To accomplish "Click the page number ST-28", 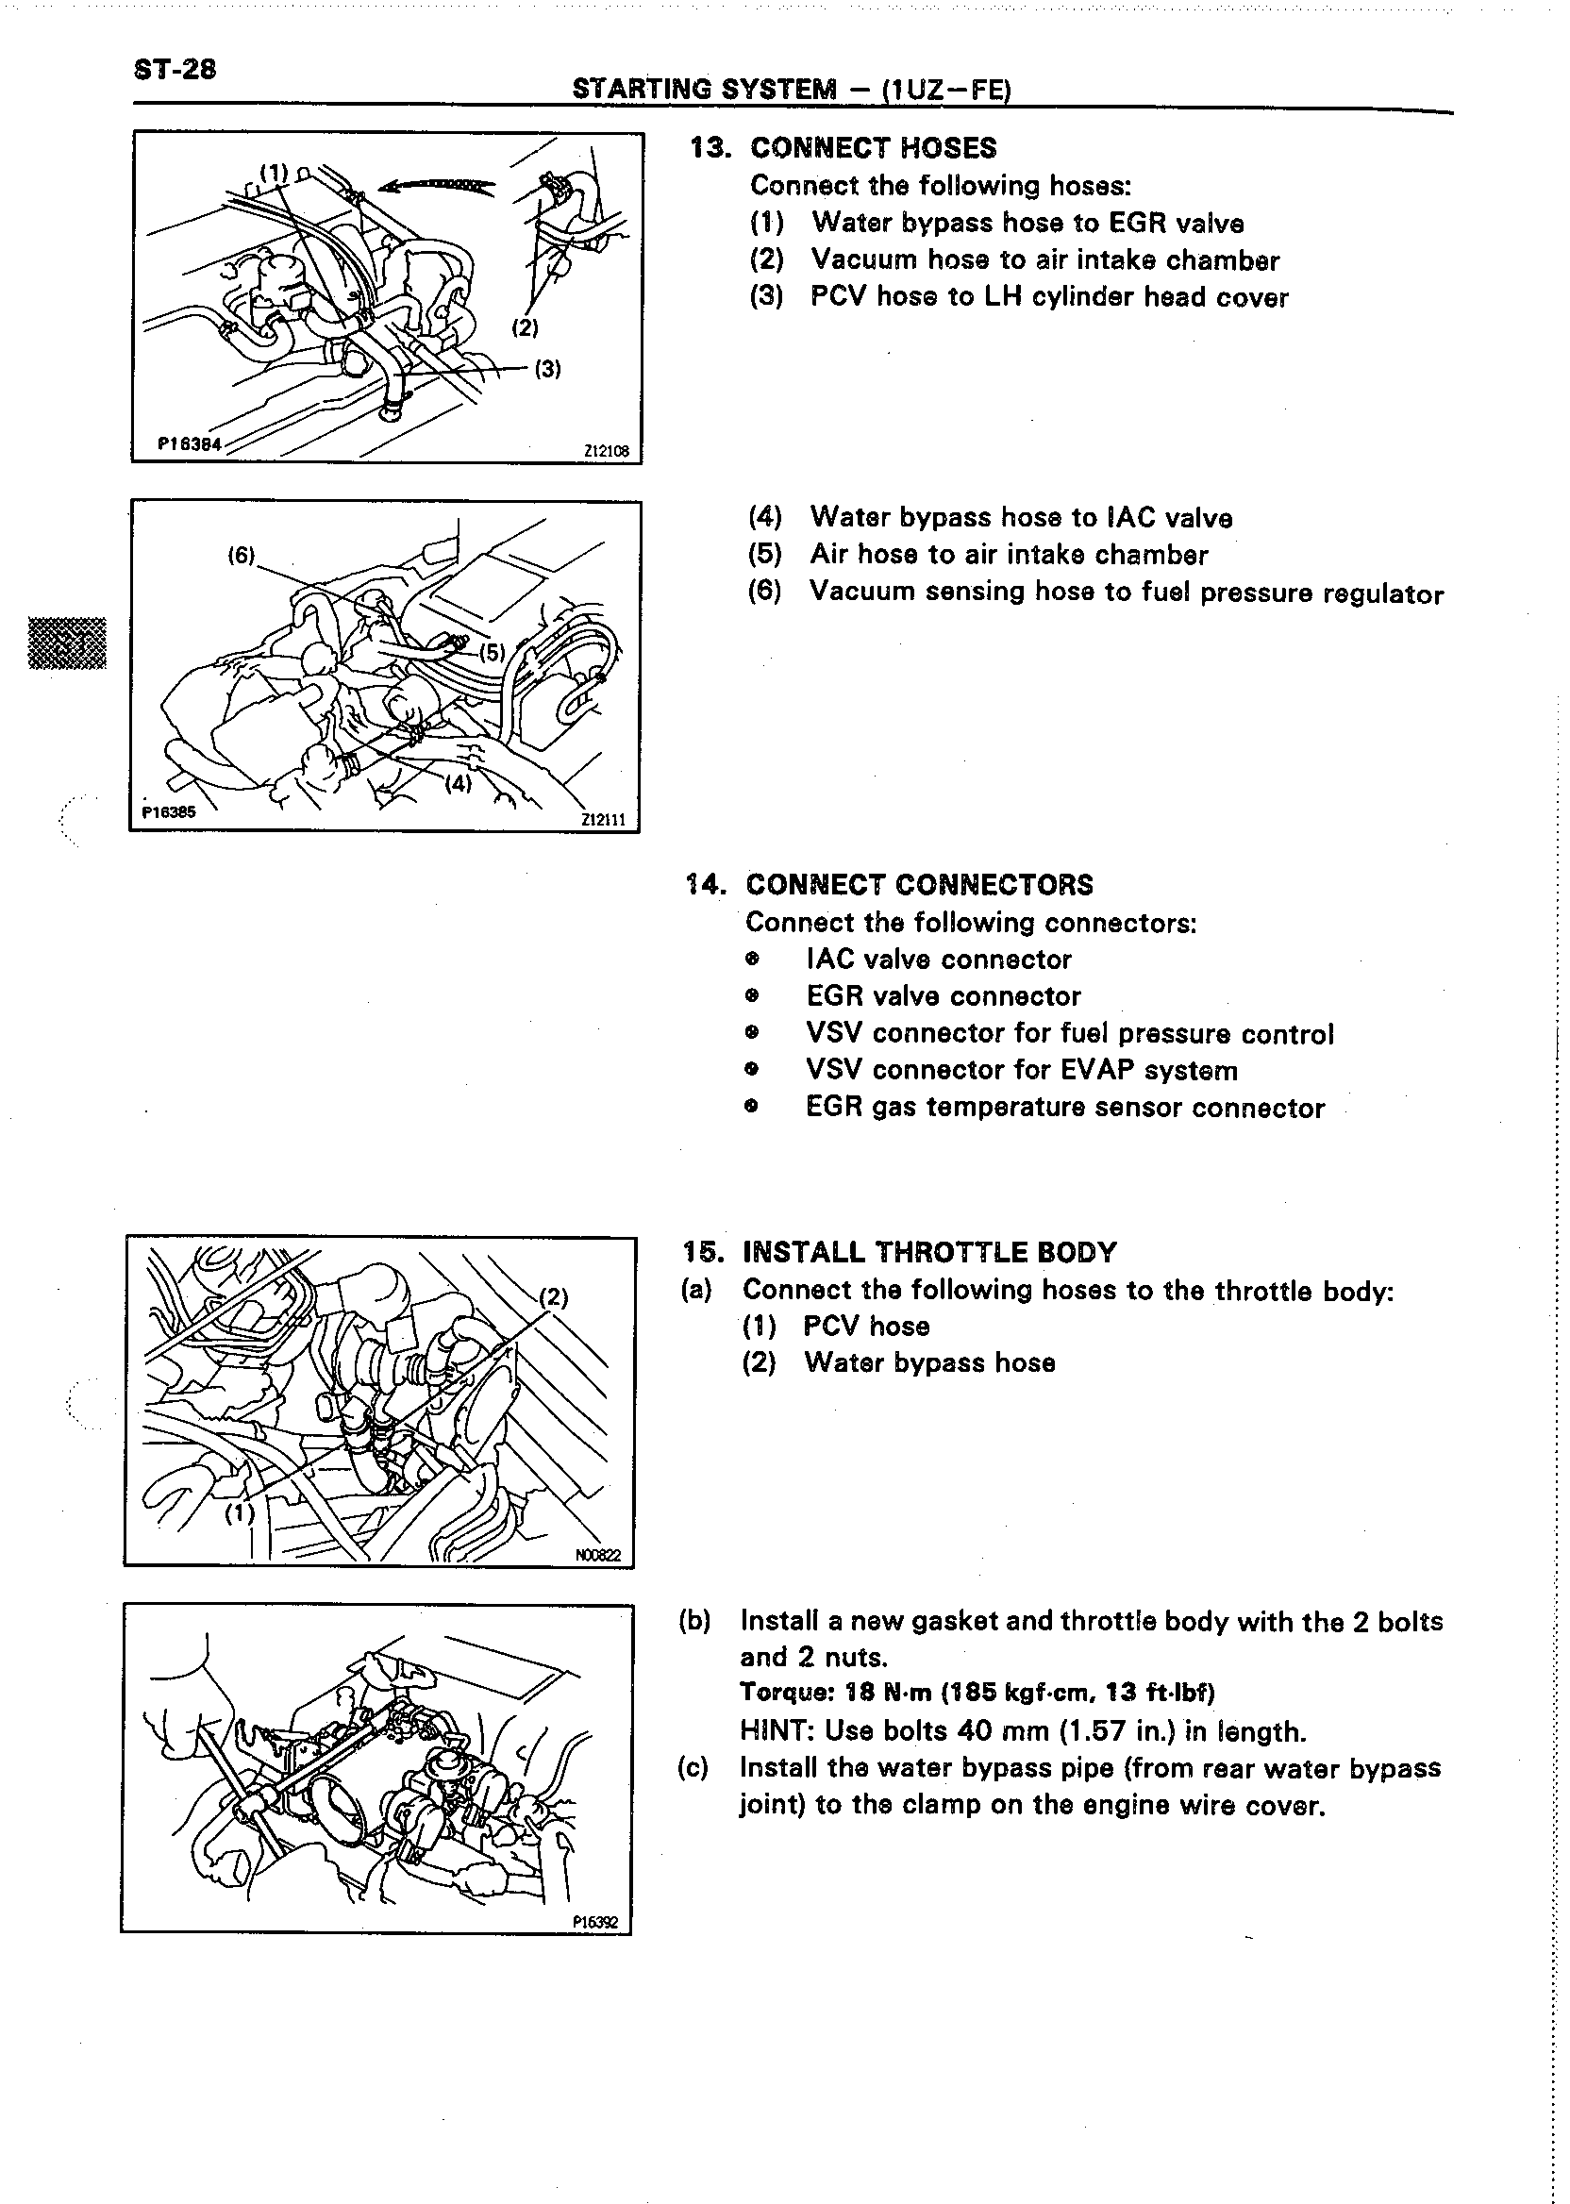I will pyautogui.click(x=175, y=70).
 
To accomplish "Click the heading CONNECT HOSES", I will pyautogui.click(x=873, y=148).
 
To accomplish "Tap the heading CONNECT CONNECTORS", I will pyautogui.click(x=919, y=884).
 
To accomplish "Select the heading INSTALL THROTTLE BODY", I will pyautogui.click(x=929, y=1253).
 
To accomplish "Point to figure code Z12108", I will pyautogui.click(x=606, y=450).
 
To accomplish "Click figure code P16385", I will pyautogui.click(x=168, y=812).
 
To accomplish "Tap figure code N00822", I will pyautogui.click(x=598, y=1557).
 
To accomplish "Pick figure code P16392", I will pyautogui.click(x=594, y=1924).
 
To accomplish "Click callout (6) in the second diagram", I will pyautogui.click(x=241, y=555).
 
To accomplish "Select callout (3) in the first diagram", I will pyautogui.click(x=548, y=368).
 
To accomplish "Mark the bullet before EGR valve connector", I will pyautogui.click(x=752, y=996).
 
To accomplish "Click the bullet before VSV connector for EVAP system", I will pyautogui.click(x=752, y=1070).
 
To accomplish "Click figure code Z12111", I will pyautogui.click(x=603, y=820).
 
